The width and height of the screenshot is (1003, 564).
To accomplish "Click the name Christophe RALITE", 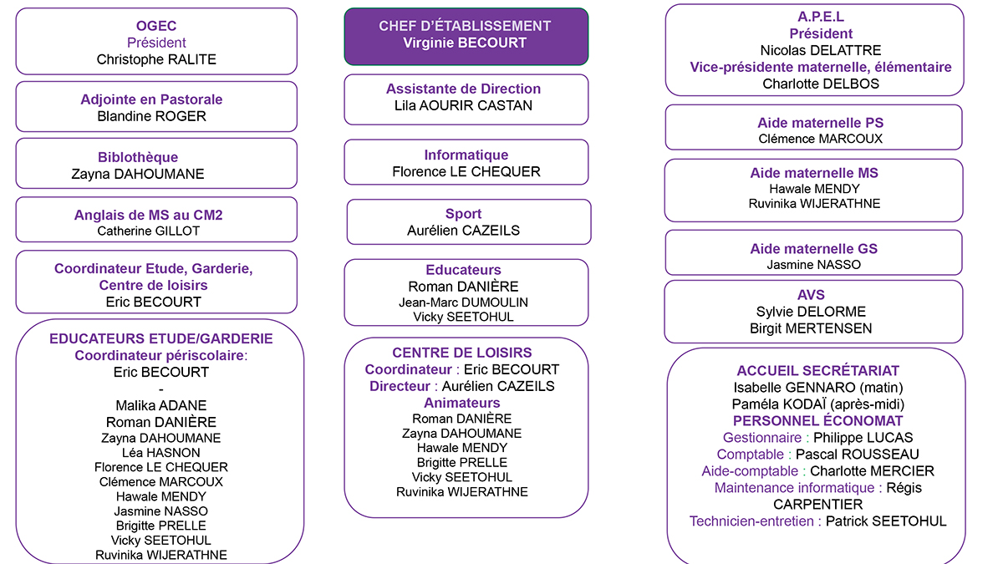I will click(x=156, y=59).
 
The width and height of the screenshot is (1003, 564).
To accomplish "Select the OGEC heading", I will click(x=156, y=26).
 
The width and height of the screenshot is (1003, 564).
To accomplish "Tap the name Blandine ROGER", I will click(x=152, y=116).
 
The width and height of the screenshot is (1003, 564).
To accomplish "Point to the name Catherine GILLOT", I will click(x=149, y=231).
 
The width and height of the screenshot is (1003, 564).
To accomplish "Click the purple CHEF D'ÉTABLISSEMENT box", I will click(x=466, y=36).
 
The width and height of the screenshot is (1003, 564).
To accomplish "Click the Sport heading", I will click(x=463, y=214).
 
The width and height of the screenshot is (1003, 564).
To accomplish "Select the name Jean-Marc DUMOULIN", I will click(x=463, y=302).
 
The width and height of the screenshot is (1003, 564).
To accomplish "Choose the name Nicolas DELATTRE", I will click(x=809, y=51).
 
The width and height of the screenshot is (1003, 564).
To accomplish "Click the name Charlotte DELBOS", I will click(x=809, y=84).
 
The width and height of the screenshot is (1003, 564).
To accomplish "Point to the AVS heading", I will click(x=811, y=295).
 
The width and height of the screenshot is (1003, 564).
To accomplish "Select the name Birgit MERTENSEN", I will click(x=811, y=328).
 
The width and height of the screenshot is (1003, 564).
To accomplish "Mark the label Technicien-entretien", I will click(x=751, y=521).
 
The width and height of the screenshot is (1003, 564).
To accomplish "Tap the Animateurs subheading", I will click(x=461, y=403).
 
